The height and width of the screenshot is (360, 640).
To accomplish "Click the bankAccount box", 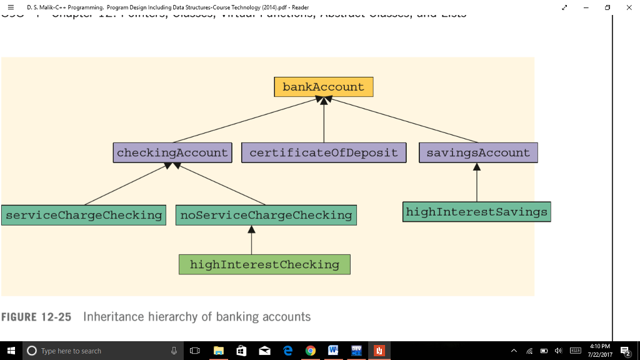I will click(323, 87).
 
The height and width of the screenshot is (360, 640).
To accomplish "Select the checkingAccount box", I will click(172, 152).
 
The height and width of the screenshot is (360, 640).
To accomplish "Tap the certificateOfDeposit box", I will click(323, 152).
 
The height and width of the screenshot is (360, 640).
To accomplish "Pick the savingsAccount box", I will click(478, 152).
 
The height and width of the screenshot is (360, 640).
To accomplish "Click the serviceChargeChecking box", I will click(84, 215).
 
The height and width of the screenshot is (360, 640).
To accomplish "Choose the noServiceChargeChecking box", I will click(266, 215).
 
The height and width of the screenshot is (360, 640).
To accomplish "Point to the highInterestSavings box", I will click(476, 212).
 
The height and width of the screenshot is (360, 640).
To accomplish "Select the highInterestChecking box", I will click(264, 264).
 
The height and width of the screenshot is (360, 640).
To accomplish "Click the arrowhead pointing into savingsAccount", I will click(477, 167).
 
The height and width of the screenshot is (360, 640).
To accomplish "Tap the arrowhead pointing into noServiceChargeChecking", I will click(251, 229).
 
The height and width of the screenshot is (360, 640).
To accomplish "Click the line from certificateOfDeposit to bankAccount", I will click(324, 122).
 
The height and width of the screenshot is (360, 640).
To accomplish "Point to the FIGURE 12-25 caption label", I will click(36, 317).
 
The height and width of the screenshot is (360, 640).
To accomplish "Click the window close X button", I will click(628, 7).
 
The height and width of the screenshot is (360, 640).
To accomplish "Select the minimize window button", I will click(586, 7).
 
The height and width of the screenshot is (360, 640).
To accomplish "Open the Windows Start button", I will click(11, 351).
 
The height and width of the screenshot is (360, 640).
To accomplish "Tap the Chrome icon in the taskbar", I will click(310, 351).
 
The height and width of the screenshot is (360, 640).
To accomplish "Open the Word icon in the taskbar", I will click(332, 351).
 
